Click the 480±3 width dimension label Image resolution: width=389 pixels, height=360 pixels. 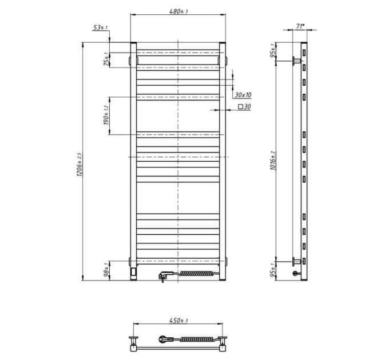point(178,11)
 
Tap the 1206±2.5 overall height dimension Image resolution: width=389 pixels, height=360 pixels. point(80,165)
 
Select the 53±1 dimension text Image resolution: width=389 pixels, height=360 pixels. point(100,27)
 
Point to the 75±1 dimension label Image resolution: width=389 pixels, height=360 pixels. point(106,59)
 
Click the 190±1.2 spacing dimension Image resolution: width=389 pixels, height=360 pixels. point(106,115)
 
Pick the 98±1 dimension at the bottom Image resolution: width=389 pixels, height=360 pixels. point(106,270)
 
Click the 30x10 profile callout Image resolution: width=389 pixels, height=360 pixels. point(243,95)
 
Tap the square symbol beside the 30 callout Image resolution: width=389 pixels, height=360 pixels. point(240,107)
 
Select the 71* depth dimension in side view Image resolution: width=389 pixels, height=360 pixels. point(300,26)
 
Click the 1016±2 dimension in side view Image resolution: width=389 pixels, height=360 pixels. point(273,161)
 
